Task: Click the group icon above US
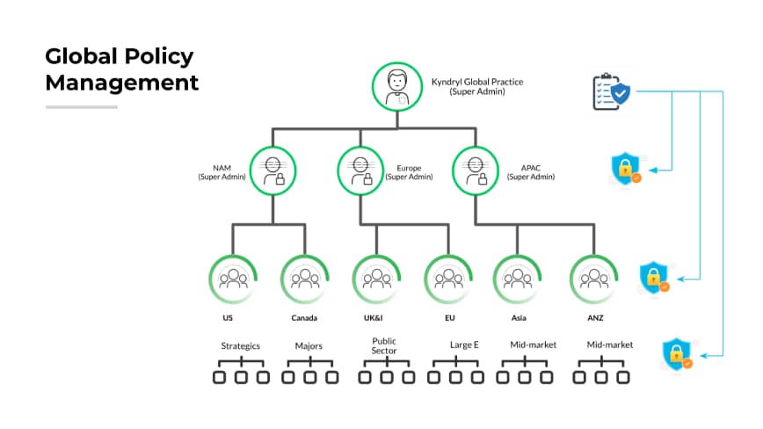tap(233, 279)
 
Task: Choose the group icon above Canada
tap(305, 279)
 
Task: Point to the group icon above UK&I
tap(376, 279)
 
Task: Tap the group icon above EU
tap(448, 279)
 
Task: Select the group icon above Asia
tap(516, 279)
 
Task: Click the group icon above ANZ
tap(593, 279)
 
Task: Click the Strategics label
tap(240, 345)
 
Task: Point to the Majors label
tap(309, 345)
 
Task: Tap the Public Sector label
tap(384, 345)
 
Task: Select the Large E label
tap(464, 345)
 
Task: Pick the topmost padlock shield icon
tap(626, 168)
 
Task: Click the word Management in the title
tap(122, 84)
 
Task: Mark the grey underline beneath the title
tap(81, 107)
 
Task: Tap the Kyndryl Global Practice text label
tap(476, 86)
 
